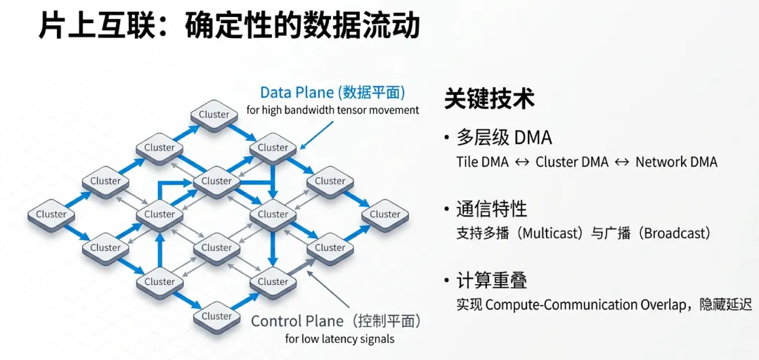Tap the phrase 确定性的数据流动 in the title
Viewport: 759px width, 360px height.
click(x=302, y=26)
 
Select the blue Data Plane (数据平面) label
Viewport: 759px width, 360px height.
click(x=332, y=93)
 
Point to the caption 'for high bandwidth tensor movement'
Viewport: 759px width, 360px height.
click(x=332, y=110)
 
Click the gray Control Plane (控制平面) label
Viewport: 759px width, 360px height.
click(x=336, y=321)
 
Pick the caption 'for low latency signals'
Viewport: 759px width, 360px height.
click(x=339, y=339)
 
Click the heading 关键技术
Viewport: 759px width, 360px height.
click(x=489, y=99)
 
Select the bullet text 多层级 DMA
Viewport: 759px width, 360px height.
click(x=504, y=137)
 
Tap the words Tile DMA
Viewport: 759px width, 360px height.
click(x=482, y=162)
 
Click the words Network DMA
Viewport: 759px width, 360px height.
click(x=676, y=162)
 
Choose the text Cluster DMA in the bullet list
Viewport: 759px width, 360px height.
click(x=571, y=162)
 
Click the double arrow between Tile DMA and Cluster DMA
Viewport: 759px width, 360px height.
click(x=521, y=162)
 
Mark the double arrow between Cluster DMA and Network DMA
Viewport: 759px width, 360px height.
click(x=622, y=162)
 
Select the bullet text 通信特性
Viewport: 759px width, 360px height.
click(x=491, y=209)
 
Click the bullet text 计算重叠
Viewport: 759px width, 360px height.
click(x=491, y=281)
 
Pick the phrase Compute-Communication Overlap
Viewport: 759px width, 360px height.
click(x=580, y=305)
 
